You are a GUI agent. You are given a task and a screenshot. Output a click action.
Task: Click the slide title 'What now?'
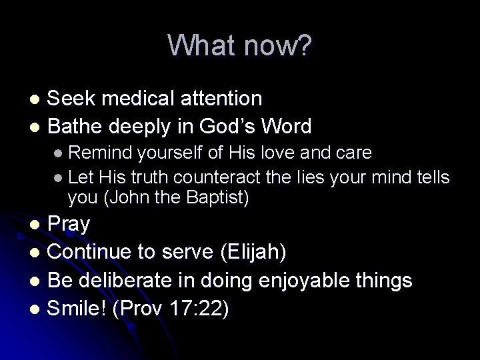pyautogui.click(x=239, y=45)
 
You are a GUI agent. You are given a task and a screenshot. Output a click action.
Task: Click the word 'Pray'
pyautogui.click(x=69, y=225)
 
